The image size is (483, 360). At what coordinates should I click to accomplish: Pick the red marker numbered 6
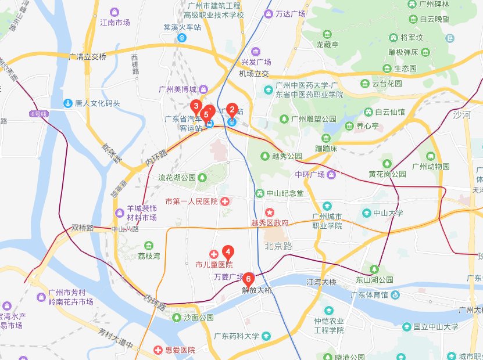(x=249, y=279)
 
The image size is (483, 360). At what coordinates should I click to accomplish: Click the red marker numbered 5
(x=206, y=114)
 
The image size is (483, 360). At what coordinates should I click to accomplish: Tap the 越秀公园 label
(x=287, y=156)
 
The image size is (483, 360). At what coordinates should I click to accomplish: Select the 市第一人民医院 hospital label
(x=191, y=201)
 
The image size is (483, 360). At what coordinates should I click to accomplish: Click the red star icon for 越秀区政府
(x=269, y=213)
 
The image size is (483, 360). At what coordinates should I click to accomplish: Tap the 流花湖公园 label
(x=177, y=177)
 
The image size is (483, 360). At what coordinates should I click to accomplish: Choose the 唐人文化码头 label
(x=97, y=103)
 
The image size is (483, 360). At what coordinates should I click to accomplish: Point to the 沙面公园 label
(x=198, y=318)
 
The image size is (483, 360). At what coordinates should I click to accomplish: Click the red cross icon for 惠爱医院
(x=158, y=350)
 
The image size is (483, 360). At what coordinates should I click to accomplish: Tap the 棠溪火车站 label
(x=181, y=27)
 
